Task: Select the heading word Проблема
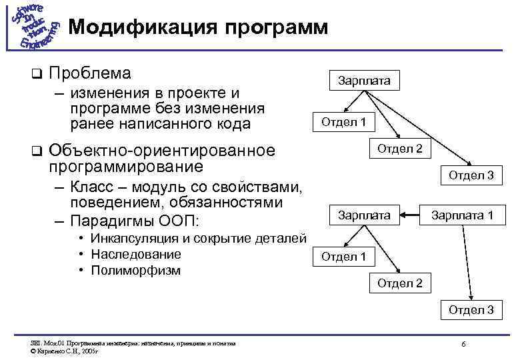click(90, 72)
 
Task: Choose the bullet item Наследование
click(136, 254)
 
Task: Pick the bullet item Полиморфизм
click(136, 270)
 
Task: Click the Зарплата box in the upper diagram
click(364, 81)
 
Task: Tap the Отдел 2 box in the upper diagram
click(400, 148)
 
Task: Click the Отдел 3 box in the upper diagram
click(471, 175)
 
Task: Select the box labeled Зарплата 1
click(462, 215)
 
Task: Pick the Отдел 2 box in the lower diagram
click(400, 283)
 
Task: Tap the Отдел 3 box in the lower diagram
click(471, 310)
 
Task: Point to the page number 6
click(463, 343)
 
